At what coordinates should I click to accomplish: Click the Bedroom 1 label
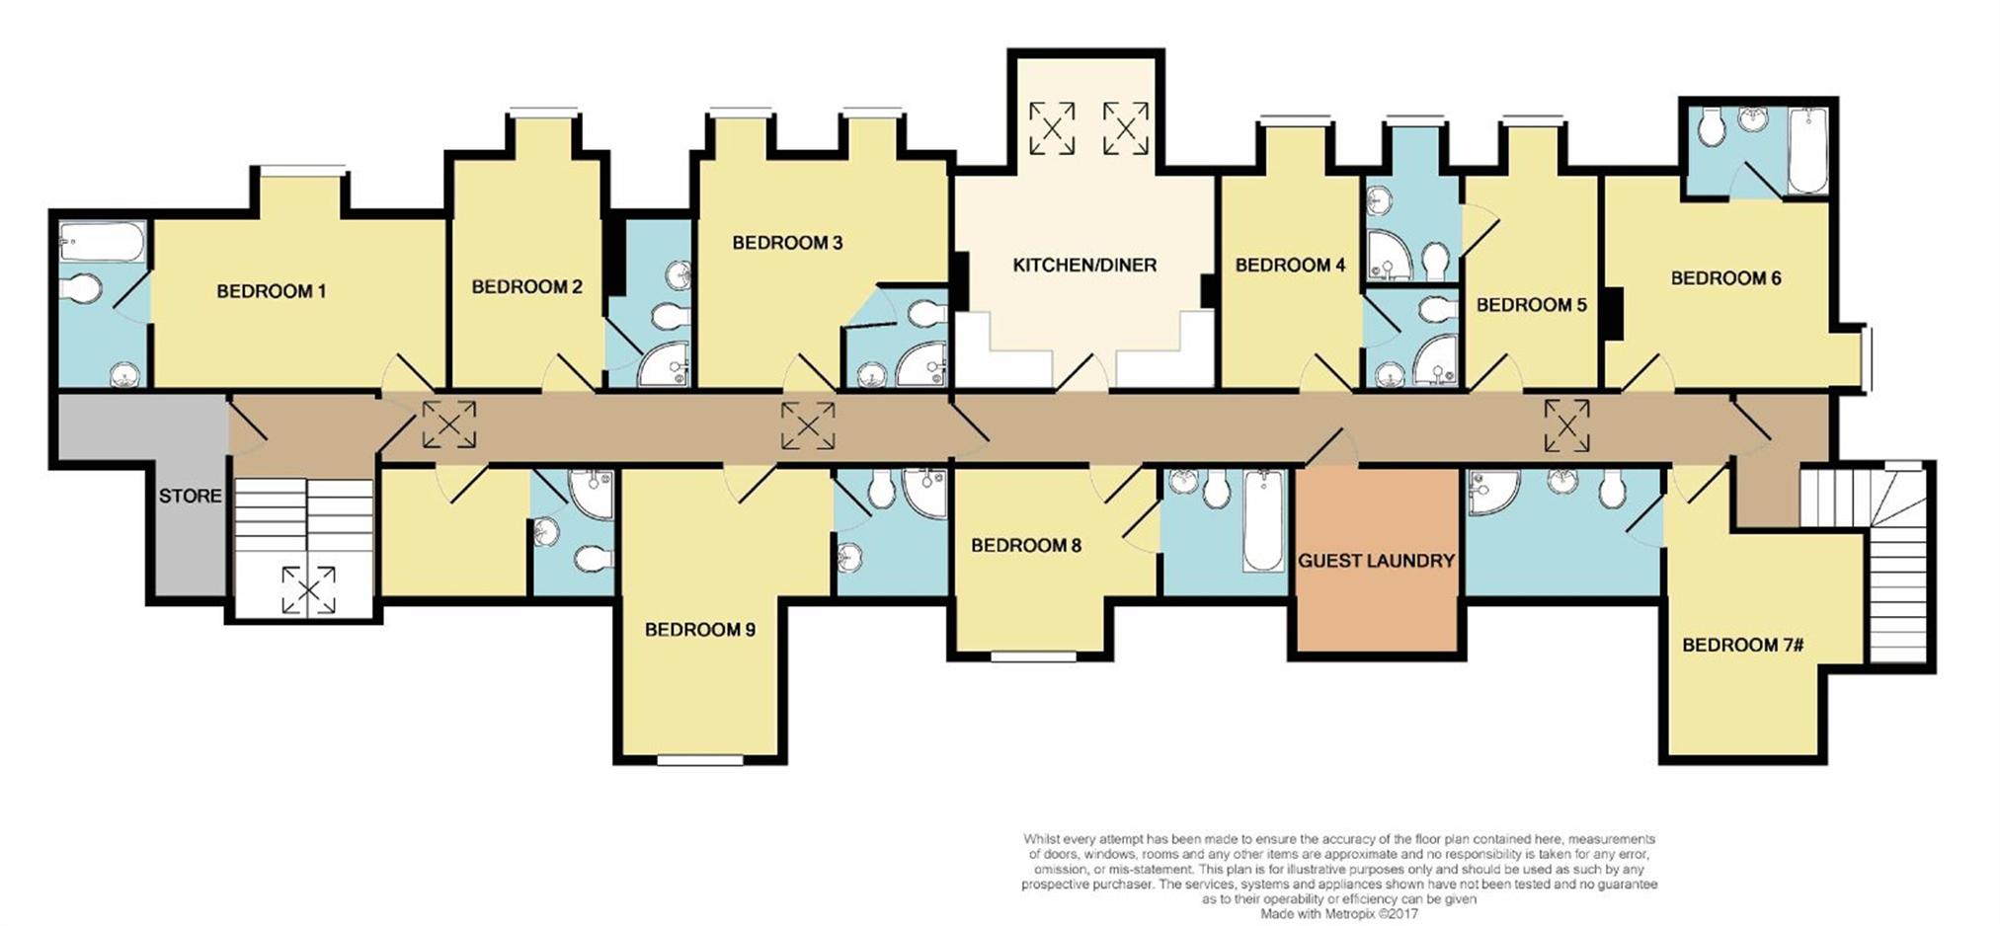tap(272, 291)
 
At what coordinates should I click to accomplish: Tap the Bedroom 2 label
tap(527, 287)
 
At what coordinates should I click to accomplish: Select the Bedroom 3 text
tap(787, 243)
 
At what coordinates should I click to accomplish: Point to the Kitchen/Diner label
tap(1084, 265)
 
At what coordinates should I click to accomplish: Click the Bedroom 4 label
tap(1290, 265)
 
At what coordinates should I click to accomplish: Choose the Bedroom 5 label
tap(1531, 305)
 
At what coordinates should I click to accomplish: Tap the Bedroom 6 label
tap(1725, 278)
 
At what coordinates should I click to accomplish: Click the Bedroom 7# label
tap(1743, 645)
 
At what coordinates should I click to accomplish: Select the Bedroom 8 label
tap(1026, 545)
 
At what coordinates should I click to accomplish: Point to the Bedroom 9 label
tap(700, 629)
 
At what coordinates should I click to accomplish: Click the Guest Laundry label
tap(1376, 561)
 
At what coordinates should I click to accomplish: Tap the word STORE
tap(191, 496)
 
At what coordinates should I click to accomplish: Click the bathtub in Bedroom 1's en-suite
tap(103, 243)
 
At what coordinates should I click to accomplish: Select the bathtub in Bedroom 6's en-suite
tap(1807, 151)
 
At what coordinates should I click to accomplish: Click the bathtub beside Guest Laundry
tap(1262, 521)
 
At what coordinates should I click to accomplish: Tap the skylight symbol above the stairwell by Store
tap(308, 590)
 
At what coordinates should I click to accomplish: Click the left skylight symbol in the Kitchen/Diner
tap(1052, 127)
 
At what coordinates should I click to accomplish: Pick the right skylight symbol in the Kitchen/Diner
tap(1126, 127)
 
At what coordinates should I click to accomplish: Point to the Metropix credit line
tap(1339, 914)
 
